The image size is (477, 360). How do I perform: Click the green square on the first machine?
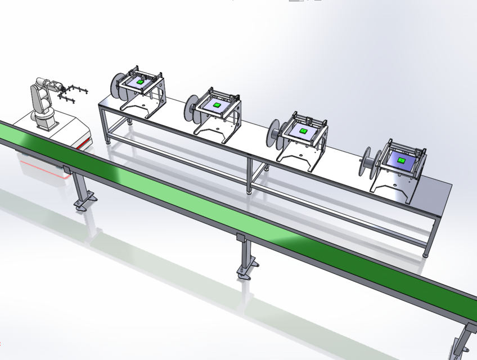click(x=139, y=82)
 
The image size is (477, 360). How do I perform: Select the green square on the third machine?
click(x=303, y=130)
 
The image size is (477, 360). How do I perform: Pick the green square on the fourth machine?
click(x=401, y=160)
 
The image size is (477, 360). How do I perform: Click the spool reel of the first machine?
click(x=117, y=86)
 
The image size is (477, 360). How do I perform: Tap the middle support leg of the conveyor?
click(x=245, y=259)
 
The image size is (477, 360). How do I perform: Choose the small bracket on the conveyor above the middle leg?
click(x=240, y=237)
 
